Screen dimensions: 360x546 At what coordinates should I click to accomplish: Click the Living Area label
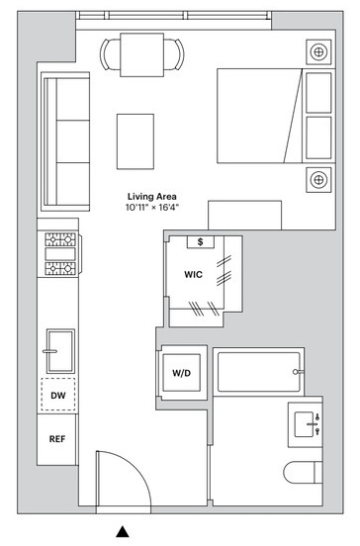(x=151, y=197)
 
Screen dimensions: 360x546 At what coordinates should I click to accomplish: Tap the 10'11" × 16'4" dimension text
(x=151, y=208)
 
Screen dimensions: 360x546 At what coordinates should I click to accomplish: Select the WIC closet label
(x=193, y=274)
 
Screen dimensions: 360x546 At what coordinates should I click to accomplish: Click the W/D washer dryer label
(x=182, y=373)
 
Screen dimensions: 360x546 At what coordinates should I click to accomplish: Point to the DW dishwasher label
(x=58, y=396)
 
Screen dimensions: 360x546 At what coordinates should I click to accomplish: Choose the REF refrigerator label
(x=57, y=439)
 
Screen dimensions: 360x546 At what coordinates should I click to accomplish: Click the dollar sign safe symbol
(x=200, y=241)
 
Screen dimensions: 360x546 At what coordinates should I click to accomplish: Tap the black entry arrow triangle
(x=123, y=531)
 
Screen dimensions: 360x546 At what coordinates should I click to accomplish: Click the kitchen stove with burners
(x=60, y=254)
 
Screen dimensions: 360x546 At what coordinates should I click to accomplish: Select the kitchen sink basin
(x=60, y=351)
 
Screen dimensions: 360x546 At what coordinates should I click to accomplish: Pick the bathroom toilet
(x=303, y=473)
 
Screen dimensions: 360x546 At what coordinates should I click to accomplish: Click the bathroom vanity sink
(x=304, y=424)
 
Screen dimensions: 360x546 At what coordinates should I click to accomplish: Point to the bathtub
(x=258, y=372)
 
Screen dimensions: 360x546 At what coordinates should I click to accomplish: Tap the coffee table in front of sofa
(x=135, y=141)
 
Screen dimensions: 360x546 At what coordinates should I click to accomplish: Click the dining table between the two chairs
(x=142, y=54)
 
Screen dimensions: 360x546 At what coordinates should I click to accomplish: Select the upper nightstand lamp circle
(x=318, y=52)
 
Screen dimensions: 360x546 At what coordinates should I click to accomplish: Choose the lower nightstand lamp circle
(x=318, y=180)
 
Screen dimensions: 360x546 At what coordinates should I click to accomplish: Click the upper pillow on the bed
(x=318, y=93)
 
